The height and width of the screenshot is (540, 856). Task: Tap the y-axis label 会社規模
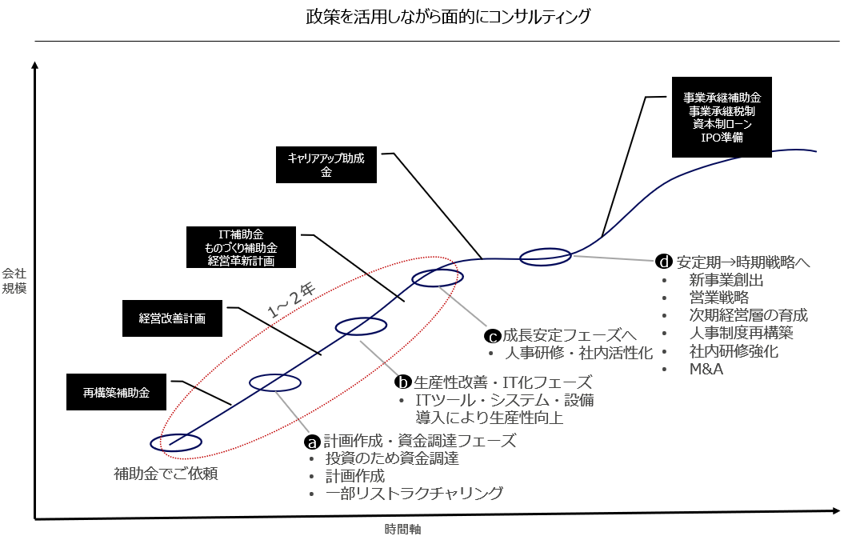(x=14, y=280)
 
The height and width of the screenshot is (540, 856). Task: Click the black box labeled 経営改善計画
(x=172, y=318)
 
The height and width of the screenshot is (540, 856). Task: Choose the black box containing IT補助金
(x=241, y=247)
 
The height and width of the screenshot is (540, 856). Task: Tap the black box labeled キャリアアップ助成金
(x=326, y=165)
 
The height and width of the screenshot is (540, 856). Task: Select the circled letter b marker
(x=404, y=382)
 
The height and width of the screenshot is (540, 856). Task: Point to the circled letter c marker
(x=493, y=337)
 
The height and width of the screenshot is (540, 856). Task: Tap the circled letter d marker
(x=663, y=262)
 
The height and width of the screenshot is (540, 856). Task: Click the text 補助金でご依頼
(x=166, y=474)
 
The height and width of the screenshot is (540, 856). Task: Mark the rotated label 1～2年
(x=292, y=300)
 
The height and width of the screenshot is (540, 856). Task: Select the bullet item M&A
(x=706, y=369)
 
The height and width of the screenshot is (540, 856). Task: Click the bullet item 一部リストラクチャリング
(x=414, y=494)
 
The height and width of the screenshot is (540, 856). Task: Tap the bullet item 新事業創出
(x=726, y=281)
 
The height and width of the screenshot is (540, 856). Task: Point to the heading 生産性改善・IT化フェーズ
(x=503, y=382)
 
